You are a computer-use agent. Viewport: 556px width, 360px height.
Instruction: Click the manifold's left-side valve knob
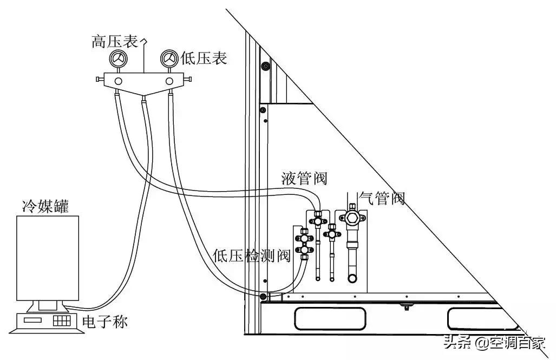point(99,80)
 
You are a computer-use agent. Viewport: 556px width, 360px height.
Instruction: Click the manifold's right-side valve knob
point(188,80)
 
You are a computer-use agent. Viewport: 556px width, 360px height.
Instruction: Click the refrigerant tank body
point(48,258)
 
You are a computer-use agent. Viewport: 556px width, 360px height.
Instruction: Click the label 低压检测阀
point(252,255)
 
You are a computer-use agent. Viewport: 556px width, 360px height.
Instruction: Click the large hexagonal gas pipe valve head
point(351,218)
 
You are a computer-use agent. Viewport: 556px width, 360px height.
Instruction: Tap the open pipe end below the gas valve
point(352,278)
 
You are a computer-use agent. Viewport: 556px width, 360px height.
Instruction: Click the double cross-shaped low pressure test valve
point(305,244)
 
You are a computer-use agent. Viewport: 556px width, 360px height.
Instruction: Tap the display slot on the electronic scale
point(34,320)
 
